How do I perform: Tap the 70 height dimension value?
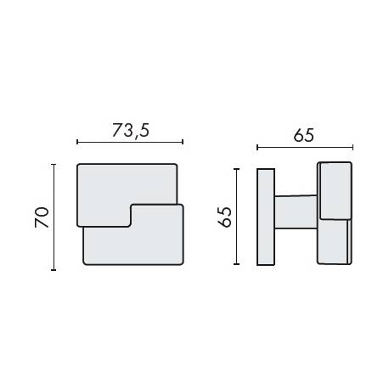(41, 217)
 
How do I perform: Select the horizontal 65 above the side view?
(304, 135)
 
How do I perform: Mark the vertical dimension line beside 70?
(54, 217)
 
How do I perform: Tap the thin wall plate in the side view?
(265, 217)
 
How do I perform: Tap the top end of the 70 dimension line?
(54, 165)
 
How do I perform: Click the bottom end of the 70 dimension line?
(54, 270)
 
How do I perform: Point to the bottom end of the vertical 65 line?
(239, 264)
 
